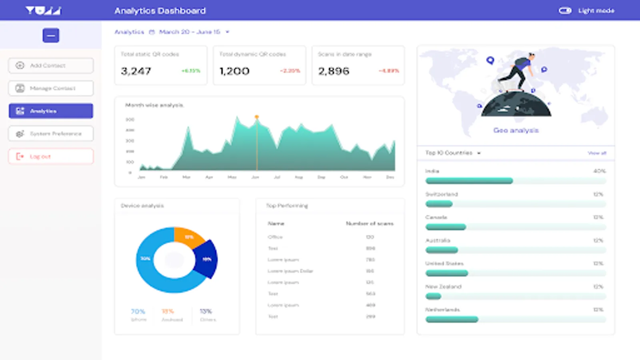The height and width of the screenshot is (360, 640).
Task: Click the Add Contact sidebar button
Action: point(51,66)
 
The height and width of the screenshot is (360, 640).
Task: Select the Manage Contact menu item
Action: point(51,88)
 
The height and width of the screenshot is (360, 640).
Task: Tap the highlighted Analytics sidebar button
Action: point(51,111)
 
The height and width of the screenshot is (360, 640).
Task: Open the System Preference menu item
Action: point(51,134)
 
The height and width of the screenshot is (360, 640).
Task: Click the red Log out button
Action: point(51,156)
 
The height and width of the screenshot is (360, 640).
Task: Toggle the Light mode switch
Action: point(565,11)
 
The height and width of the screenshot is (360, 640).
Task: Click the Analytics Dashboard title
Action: point(160,11)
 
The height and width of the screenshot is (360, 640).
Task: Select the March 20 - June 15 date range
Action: point(190,32)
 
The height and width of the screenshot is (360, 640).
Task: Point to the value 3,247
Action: point(136,71)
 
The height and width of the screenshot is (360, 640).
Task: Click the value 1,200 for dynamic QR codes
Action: point(234,71)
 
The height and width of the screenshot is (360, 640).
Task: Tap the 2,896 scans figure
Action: point(334,71)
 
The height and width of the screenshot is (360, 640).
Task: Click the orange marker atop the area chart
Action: point(257,117)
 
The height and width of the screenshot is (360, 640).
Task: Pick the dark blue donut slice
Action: point(207,259)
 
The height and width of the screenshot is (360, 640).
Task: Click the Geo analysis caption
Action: point(516,130)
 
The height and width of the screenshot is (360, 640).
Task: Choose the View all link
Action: point(597,153)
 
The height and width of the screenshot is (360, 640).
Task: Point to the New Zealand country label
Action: point(443,287)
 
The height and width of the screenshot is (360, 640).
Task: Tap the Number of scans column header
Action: point(370,224)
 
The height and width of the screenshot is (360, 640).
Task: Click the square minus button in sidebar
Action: point(51,36)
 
